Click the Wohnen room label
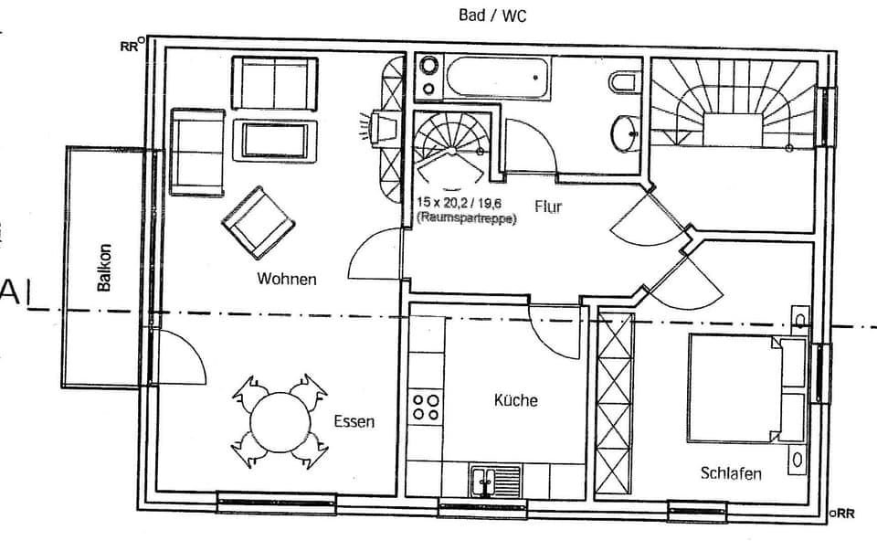click(x=287, y=279)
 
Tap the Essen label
click(x=354, y=422)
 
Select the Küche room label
click(x=515, y=400)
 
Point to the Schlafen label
click(x=731, y=472)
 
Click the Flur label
click(x=548, y=207)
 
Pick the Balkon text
click(x=105, y=268)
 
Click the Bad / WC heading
click(x=492, y=16)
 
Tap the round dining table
click(x=279, y=421)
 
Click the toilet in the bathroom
click(x=623, y=83)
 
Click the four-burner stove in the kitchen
click(x=424, y=407)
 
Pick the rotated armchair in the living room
click(x=257, y=222)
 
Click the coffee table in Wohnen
click(x=275, y=140)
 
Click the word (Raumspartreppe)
click(x=466, y=218)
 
